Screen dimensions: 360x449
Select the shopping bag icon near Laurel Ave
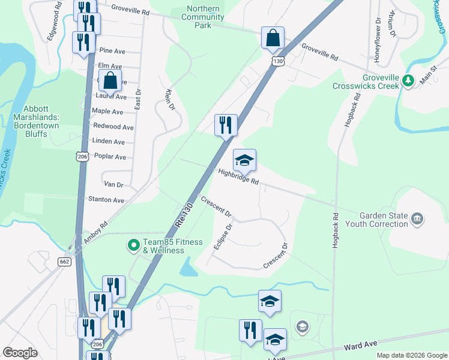tap(110, 80)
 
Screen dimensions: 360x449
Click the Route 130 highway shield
tap(277, 61)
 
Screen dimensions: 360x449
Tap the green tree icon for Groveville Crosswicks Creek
tap(408, 80)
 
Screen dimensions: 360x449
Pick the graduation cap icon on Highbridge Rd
tap(244, 160)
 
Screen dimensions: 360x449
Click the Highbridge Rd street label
tap(238, 176)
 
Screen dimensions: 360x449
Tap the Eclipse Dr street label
tap(223, 237)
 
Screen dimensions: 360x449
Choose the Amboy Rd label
tap(95, 231)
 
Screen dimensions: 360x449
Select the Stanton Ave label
tap(106, 200)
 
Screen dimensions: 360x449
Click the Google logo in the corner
tap(20, 353)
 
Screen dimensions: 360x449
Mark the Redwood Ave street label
tap(113, 127)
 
